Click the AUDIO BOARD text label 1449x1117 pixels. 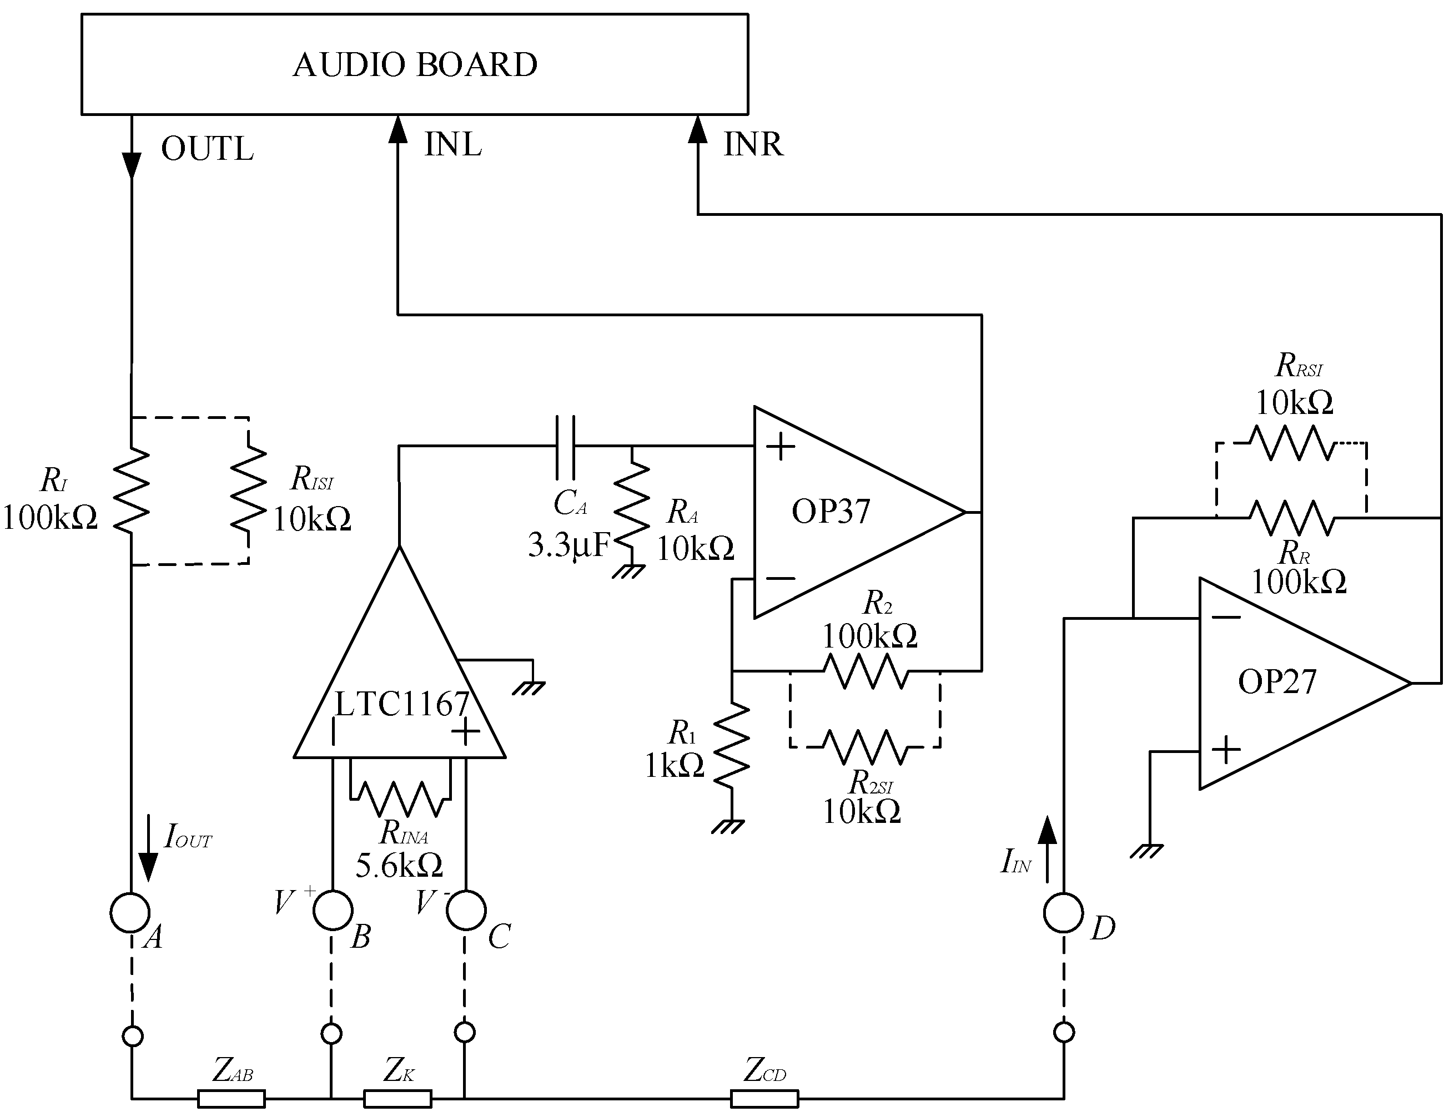click(415, 65)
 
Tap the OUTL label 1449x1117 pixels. click(207, 149)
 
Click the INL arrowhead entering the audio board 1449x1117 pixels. click(398, 129)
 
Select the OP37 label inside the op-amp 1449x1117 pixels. click(831, 512)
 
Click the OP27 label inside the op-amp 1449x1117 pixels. click(1277, 682)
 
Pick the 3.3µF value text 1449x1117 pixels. click(568, 545)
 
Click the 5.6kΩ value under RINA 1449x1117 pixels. click(399, 866)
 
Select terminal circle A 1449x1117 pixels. click(130, 913)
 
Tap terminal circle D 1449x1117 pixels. click(1064, 913)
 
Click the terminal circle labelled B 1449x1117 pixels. click(333, 910)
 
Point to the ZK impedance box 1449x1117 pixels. click(398, 1099)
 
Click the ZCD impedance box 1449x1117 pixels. click(764, 1099)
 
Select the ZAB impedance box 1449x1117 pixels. click(231, 1099)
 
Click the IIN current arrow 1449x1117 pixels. click(1047, 849)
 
